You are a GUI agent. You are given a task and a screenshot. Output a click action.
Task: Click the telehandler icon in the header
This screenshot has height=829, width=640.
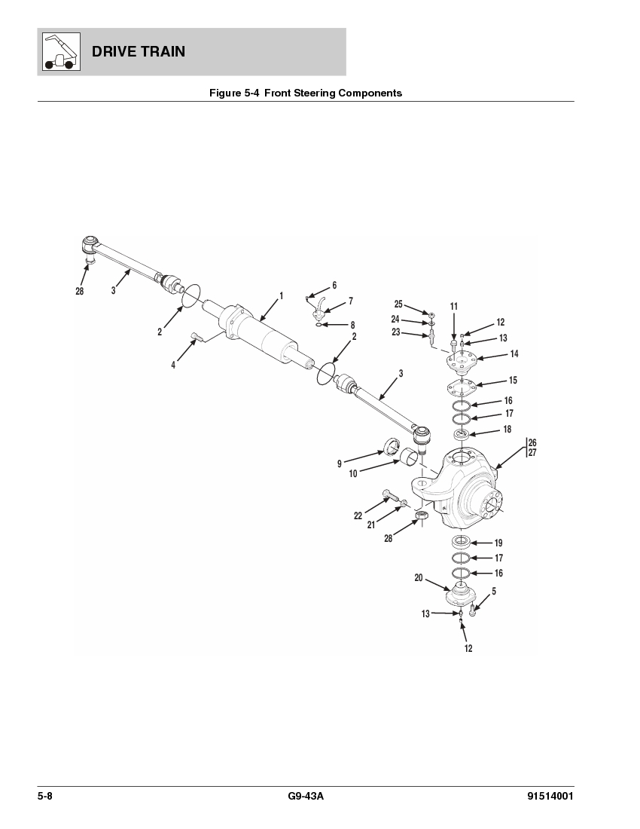coord(59,51)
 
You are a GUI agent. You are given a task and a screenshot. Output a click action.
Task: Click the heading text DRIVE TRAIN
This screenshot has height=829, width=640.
coord(139,52)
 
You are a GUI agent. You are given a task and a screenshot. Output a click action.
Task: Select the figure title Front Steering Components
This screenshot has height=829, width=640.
coord(305,93)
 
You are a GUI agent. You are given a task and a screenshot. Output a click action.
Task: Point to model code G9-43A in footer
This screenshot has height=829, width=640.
coord(305,797)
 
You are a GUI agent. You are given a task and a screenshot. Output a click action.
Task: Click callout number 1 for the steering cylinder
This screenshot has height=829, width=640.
coord(282,296)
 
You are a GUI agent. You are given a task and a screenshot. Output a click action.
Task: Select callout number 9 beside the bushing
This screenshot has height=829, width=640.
coord(340,463)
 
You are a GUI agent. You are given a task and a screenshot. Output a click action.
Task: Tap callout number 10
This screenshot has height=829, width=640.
coord(352,474)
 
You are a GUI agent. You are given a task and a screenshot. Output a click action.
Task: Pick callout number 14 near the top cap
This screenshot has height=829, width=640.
coord(514,353)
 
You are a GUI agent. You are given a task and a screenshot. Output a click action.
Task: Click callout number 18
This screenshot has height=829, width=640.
coord(507,430)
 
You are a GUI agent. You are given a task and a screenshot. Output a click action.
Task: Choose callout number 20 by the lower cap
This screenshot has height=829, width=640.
coord(418,578)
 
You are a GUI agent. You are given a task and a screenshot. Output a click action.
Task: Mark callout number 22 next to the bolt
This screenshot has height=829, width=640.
coord(358,515)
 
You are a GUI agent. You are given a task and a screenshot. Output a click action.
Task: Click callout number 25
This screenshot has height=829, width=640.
coord(398,304)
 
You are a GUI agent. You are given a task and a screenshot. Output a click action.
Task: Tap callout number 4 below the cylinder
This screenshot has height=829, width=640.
coord(173,365)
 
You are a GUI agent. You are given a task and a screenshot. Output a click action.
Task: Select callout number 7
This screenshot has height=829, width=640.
coord(350,301)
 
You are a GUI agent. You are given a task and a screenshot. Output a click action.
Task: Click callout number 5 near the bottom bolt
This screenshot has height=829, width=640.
coord(493,592)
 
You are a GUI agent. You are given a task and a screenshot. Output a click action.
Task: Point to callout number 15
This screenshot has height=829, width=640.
coord(513,381)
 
